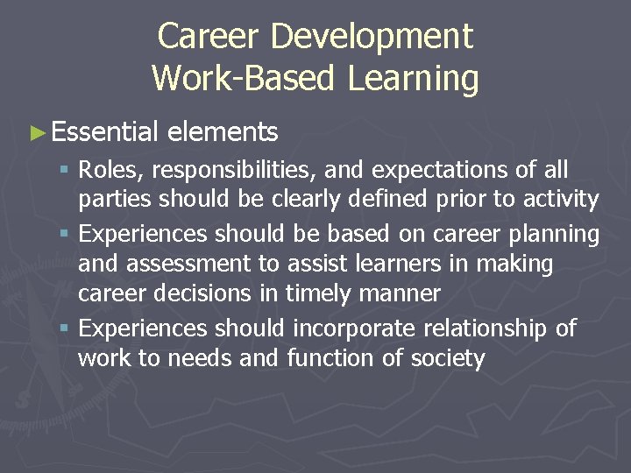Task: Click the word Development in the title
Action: [x=372, y=37]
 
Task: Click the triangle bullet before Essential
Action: [x=36, y=133]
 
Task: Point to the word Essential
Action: [x=104, y=132]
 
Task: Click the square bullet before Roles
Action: [x=67, y=170]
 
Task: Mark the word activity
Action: [x=560, y=200]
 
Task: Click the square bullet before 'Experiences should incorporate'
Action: [x=67, y=329]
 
